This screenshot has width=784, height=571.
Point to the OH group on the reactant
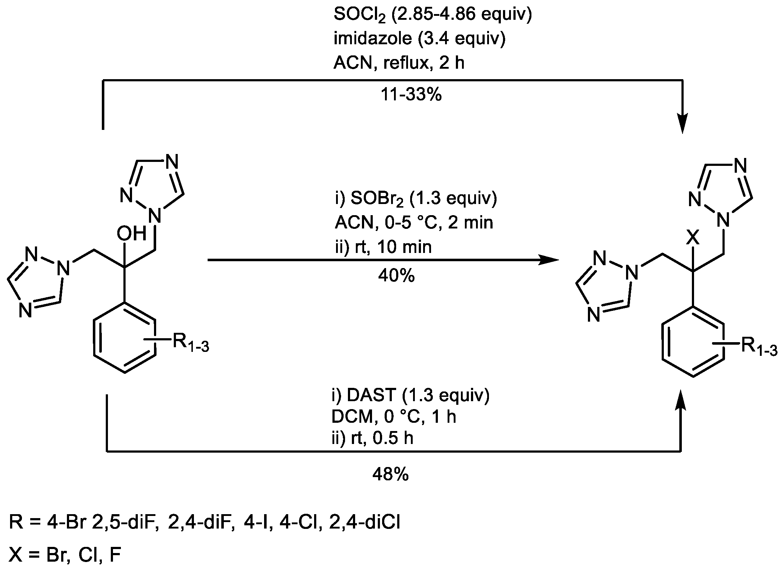[x=131, y=233]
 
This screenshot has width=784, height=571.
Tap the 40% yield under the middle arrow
[x=396, y=276]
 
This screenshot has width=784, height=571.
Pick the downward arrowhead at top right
[x=682, y=126]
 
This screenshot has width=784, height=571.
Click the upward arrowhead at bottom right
[x=681, y=400]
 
